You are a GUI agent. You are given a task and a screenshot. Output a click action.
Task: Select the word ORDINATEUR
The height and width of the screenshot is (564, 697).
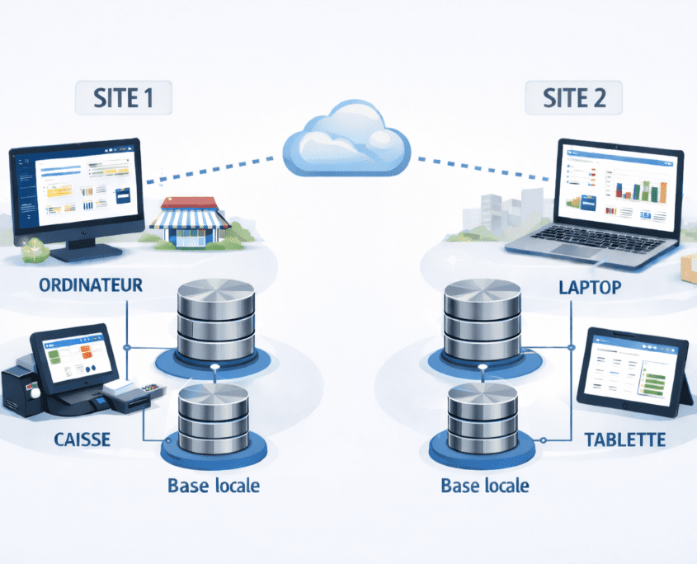coord(91,285)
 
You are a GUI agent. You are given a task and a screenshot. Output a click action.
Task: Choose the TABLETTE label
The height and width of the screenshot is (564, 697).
coord(624,439)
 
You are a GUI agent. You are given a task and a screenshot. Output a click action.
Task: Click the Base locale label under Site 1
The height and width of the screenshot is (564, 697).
coord(213,485)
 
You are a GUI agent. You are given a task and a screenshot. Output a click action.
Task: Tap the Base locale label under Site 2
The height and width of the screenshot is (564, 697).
coord(484,485)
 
